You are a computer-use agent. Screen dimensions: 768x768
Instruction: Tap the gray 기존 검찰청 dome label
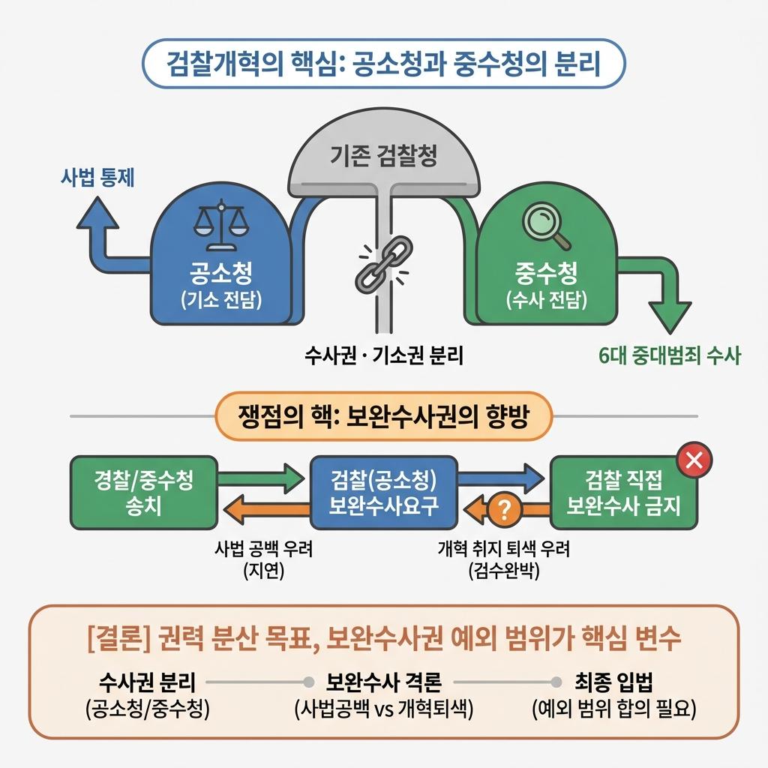click(x=384, y=157)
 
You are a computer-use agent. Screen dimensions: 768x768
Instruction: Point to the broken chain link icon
click(x=378, y=264)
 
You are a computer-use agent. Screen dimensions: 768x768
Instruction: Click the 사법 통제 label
click(x=97, y=178)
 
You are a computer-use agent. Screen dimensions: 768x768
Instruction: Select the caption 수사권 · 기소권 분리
click(x=384, y=354)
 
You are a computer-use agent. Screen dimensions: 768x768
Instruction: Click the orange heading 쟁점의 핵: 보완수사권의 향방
click(x=383, y=416)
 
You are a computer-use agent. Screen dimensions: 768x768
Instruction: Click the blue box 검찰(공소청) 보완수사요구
click(x=383, y=492)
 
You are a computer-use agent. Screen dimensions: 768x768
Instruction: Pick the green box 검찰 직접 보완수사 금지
click(x=623, y=492)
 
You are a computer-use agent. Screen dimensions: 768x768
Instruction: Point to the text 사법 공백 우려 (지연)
click(x=263, y=559)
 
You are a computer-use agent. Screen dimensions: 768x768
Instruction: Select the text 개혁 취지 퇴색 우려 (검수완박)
click(x=503, y=559)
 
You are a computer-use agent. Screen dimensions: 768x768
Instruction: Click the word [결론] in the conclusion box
click(x=119, y=638)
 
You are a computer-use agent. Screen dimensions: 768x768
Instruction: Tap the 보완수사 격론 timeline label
click(x=383, y=682)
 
